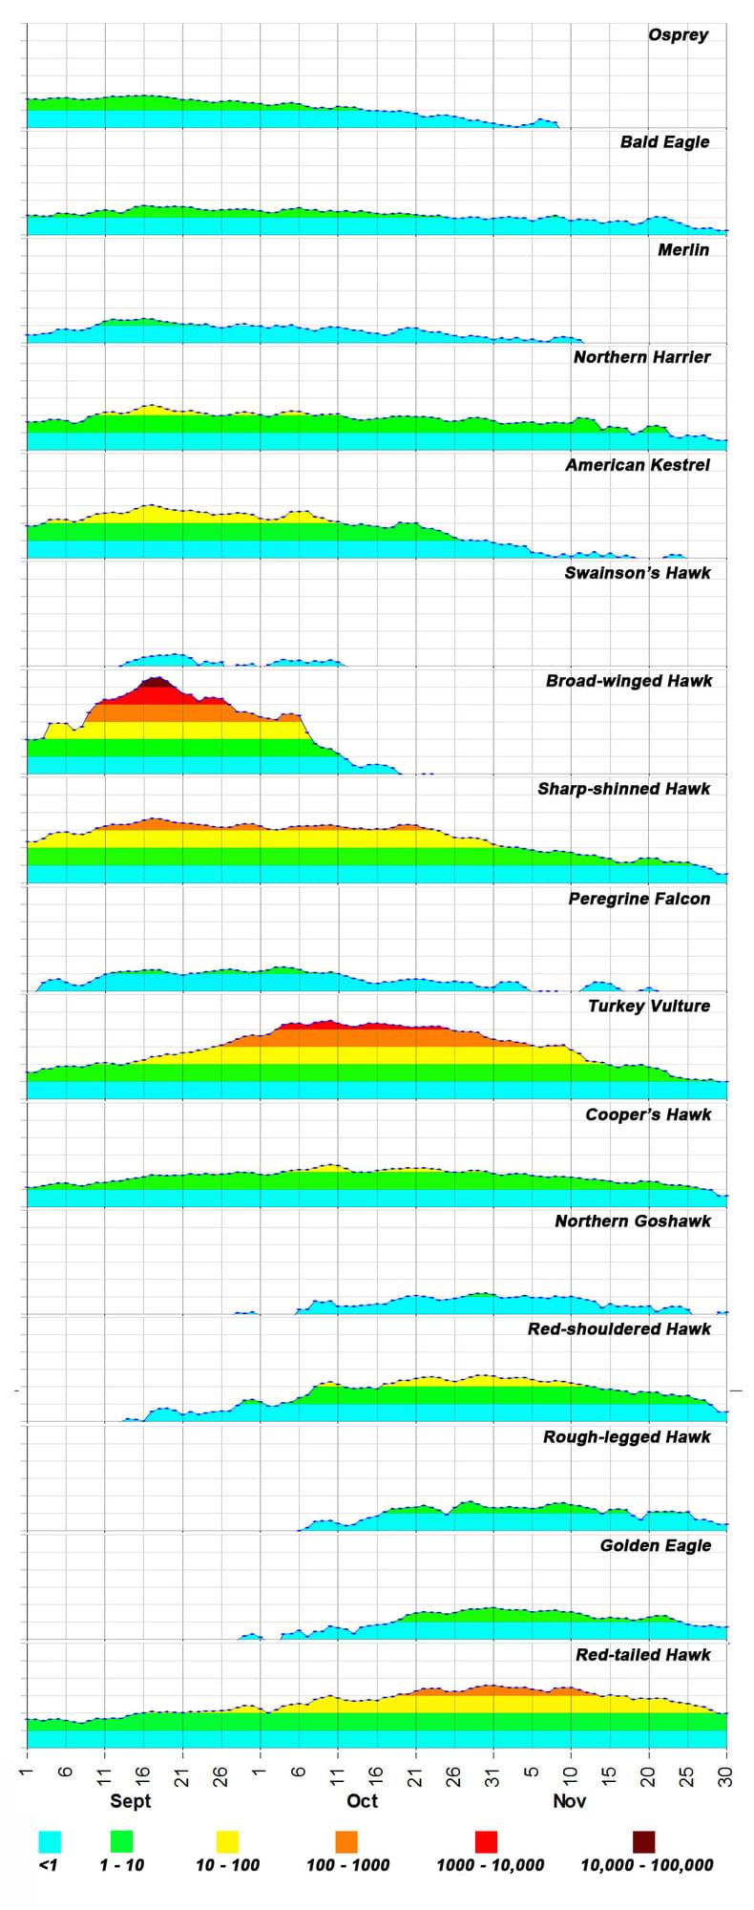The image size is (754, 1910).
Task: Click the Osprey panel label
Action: (x=678, y=35)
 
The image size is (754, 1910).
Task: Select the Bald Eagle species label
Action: (x=664, y=142)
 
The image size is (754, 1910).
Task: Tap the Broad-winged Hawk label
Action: (x=629, y=682)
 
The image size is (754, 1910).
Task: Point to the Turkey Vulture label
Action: (x=649, y=1006)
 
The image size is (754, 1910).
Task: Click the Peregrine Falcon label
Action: (x=639, y=899)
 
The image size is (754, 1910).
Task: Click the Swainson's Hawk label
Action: (x=638, y=574)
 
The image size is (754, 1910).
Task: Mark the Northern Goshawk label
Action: (x=633, y=1221)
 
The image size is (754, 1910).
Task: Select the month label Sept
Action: (x=131, y=1801)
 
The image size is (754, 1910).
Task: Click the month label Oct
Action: (x=362, y=1801)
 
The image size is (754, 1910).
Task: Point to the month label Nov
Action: (x=570, y=1801)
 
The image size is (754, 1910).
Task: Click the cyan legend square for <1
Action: (x=50, y=1841)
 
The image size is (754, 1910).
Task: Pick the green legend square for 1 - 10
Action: (x=121, y=1841)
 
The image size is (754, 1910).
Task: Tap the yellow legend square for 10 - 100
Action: (x=227, y=1841)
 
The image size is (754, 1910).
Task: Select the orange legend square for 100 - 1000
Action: (x=346, y=1841)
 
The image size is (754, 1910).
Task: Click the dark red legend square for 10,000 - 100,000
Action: (x=644, y=1841)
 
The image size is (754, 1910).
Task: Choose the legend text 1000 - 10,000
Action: (x=490, y=1865)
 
